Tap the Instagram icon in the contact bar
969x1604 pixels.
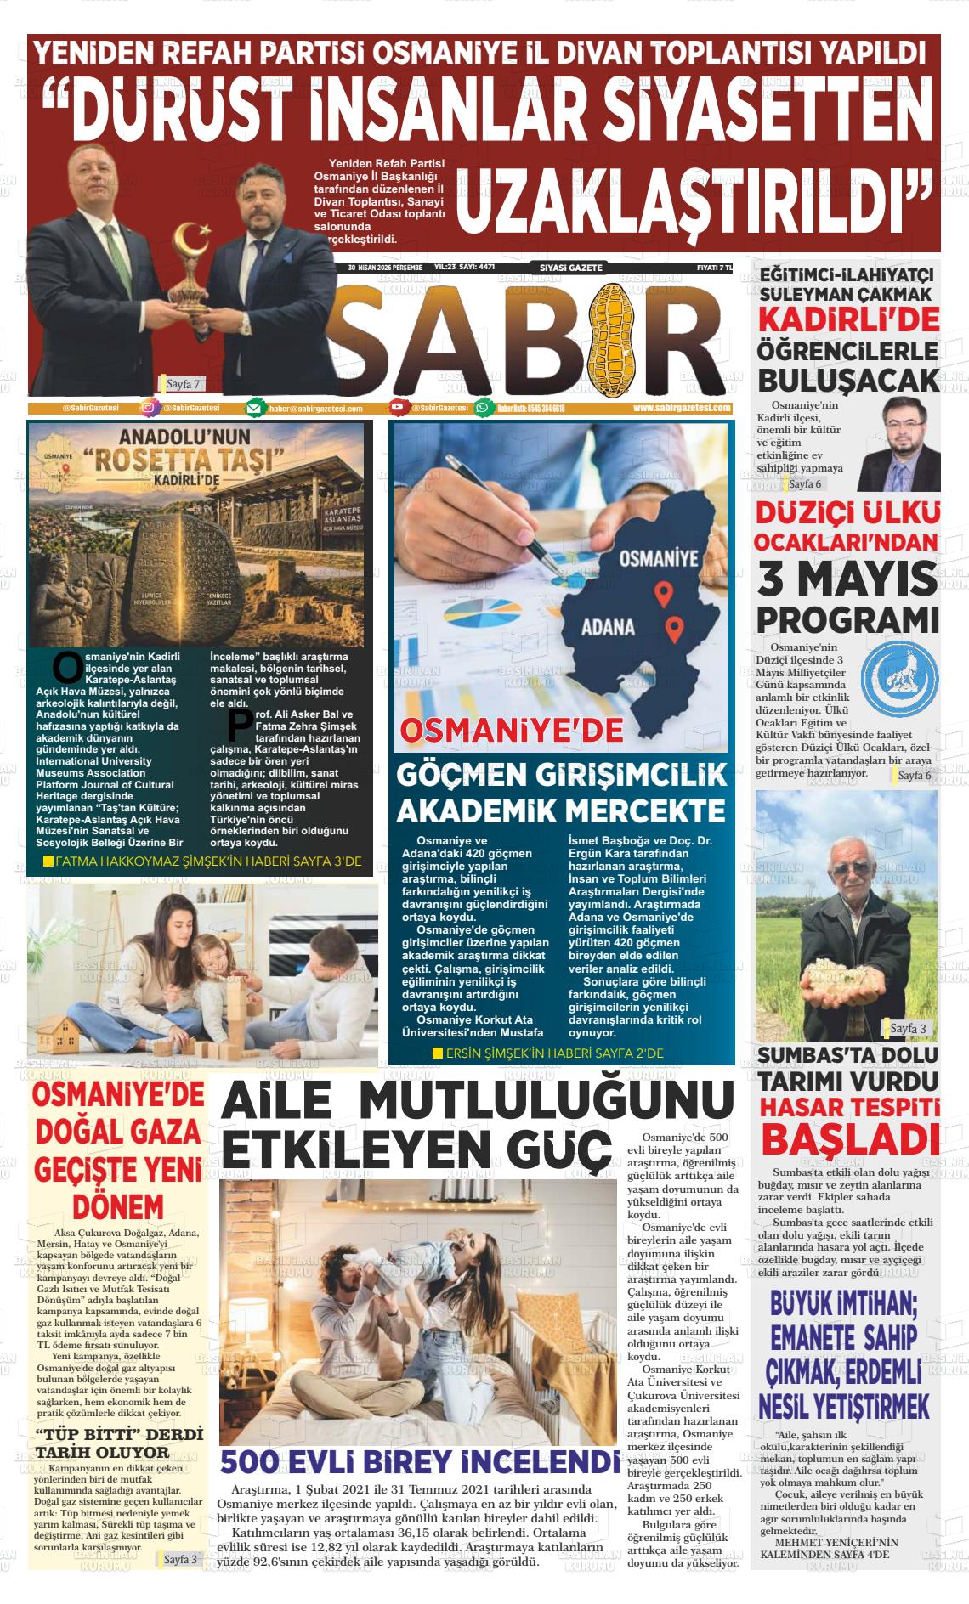[x=149, y=408]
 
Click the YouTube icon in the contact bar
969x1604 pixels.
[x=397, y=408]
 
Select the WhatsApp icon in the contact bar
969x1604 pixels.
[x=483, y=408]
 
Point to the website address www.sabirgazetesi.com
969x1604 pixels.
[x=682, y=408]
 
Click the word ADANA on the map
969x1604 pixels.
[x=608, y=629]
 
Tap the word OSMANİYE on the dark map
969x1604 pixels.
[x=659, y=558]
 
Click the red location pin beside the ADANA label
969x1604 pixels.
[x=673, y=629]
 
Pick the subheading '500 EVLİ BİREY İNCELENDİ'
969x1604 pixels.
[x=419, y=1461]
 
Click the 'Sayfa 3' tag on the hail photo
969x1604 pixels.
[x=908, y=1028]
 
